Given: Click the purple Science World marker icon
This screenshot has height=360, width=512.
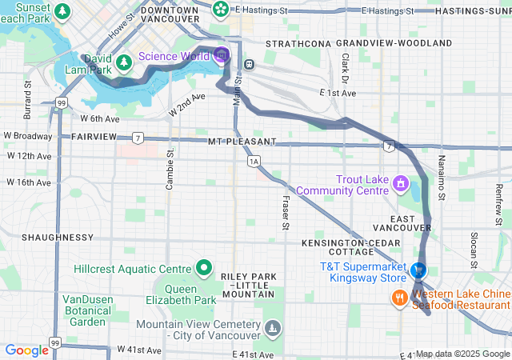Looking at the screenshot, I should point(222,55).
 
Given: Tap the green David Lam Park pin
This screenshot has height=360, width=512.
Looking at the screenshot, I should point(123,62).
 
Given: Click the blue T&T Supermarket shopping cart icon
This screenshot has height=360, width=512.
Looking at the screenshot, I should point(418,271).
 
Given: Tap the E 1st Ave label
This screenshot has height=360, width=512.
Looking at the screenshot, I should point(337,94).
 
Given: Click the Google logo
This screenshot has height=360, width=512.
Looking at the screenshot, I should point(26,350).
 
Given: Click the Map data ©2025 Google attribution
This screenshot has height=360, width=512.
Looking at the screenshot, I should point(462,354).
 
